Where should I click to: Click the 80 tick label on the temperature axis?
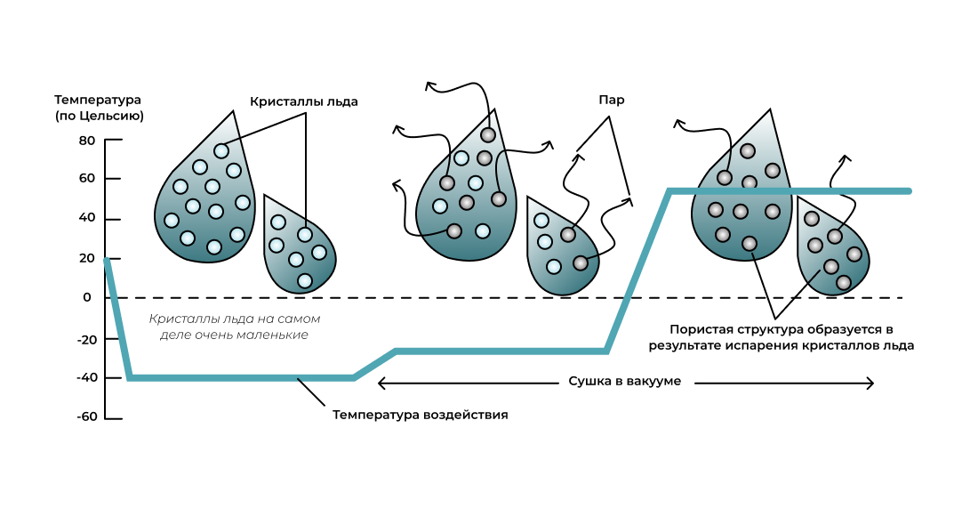click(86, 141)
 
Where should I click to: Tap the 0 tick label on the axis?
click(87, 297)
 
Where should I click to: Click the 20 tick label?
click(86, 258)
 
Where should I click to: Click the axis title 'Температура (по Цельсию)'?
click(99, 107)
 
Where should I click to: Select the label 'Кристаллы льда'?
click(304, 101)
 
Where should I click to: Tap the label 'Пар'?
click(611, 100)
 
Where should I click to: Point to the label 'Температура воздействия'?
click(421, 415)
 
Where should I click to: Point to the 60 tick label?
click(86, 179)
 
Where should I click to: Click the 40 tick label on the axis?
click(86, 219)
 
